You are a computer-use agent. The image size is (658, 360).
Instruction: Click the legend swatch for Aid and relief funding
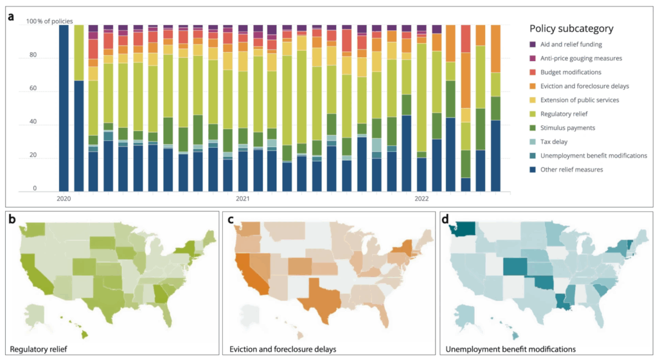pyautogui.click(x=533, y=45)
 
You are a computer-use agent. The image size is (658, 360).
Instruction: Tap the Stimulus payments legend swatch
pyautogui.click(x=533, y=128)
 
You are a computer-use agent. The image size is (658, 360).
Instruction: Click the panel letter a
pyautogui.click(x=11, y=16)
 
